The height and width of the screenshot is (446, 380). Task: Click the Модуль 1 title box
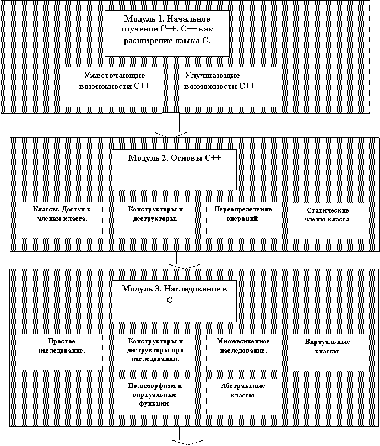click(x=167, y=34)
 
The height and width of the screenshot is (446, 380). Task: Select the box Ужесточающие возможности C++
click(x=114, y=87)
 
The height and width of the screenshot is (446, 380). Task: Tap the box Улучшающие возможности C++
click(x=229, y=87)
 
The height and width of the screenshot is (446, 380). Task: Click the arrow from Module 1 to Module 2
click(x=171, y=125)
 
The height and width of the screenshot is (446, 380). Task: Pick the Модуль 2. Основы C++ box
click(x=174, y=170)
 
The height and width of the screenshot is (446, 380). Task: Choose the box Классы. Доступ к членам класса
click(x=62, y=220)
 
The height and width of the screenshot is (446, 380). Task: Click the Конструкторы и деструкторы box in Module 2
click(x=155, y=220)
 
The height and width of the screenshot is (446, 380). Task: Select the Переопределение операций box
click(x=243, y=220)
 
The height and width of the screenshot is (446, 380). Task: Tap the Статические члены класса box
click(x=328, y=221)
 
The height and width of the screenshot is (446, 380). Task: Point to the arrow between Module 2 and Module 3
click(x=184, y=261)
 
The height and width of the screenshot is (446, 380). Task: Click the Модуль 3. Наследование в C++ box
click(x=174, y=301)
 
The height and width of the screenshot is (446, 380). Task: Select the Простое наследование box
click(x=62, y=352)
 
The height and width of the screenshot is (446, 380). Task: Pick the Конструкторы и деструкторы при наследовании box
click(x=155, y=352)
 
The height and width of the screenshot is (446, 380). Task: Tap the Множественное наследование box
click(x=243, y=352)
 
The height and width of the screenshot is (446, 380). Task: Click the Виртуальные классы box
click(x=328, y=353)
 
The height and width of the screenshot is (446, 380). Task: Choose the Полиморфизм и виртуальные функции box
click(x=155, y=396)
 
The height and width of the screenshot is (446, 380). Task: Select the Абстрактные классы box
click(x=243, y=396)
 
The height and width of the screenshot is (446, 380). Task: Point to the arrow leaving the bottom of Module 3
click(x=188, y=436)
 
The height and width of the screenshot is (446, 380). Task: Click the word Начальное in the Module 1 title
click(x=188, y=19)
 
